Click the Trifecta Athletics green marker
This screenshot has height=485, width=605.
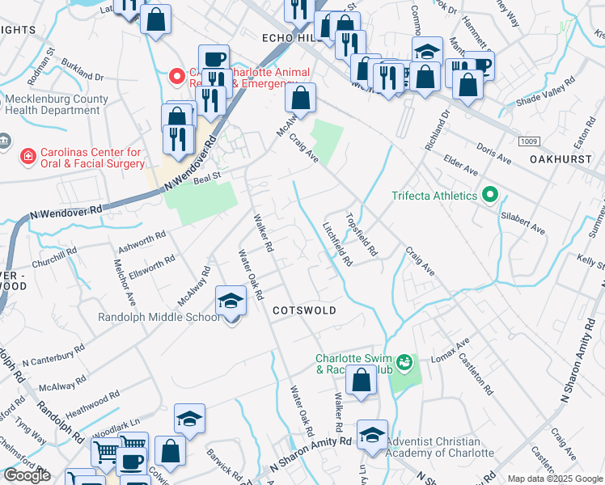[x=489, y=195]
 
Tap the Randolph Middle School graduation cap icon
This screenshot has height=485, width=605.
[x=231, y=302]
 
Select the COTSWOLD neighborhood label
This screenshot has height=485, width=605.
[x=303, y=310]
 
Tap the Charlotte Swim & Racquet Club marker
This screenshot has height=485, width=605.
[x=404, y=361]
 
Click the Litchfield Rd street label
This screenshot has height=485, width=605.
[x=337, y=245]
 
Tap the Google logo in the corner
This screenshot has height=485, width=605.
[x=26, y=475]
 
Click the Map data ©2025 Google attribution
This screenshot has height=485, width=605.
[x=555, y=479]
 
